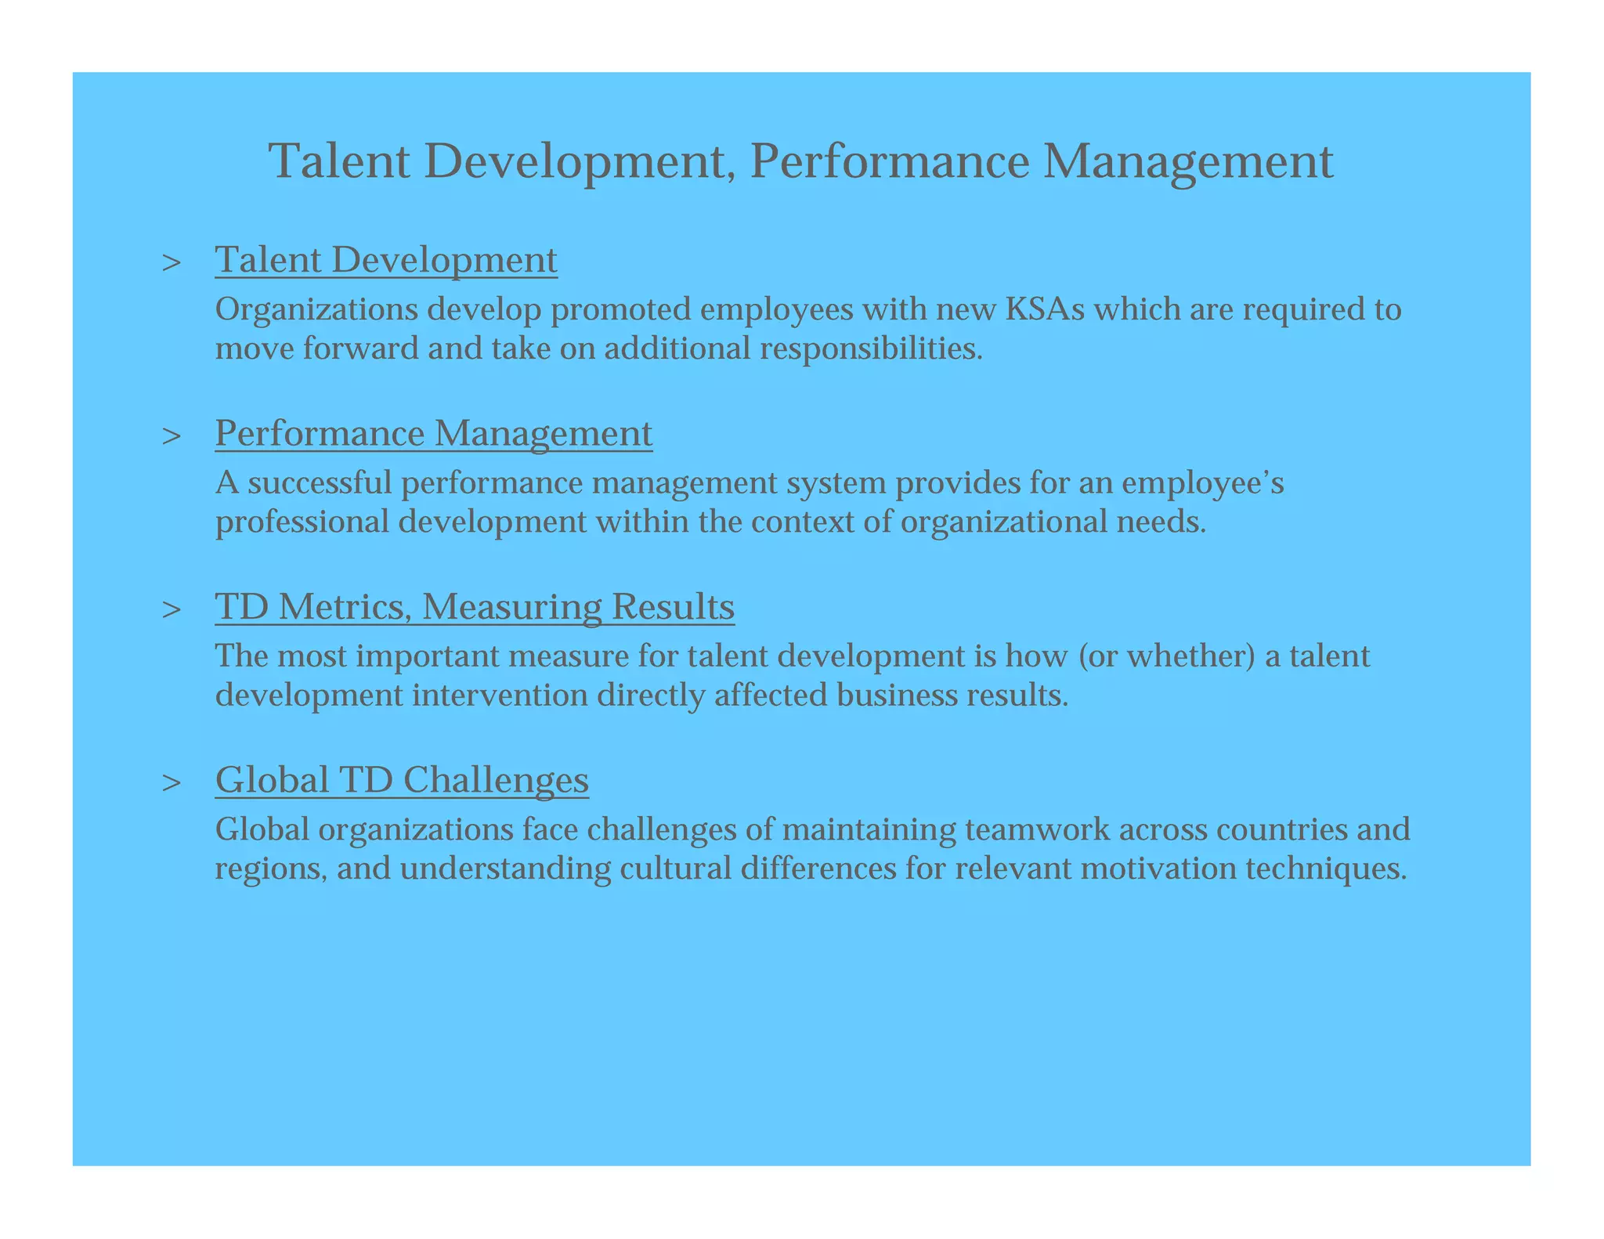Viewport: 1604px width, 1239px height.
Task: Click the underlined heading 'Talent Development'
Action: pos(386,260)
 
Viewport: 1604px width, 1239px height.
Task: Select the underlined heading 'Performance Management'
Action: pos(433,433)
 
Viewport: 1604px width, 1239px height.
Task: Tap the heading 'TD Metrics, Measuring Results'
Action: pos(475,606)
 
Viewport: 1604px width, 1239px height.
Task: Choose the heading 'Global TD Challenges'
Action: pos(402,779)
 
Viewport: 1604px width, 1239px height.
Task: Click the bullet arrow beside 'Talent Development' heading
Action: pos(171,262)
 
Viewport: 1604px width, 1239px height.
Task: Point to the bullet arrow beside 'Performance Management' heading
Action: pos(171,435)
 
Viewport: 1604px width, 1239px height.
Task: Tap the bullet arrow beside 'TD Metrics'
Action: pos(171,609)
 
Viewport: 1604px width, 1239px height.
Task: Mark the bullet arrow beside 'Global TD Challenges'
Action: pos(171,782)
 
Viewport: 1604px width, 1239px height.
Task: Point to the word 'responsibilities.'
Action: pos(871,348)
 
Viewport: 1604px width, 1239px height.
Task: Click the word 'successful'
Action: pos(320,482)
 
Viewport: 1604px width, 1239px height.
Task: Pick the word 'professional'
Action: pos(302,522)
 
